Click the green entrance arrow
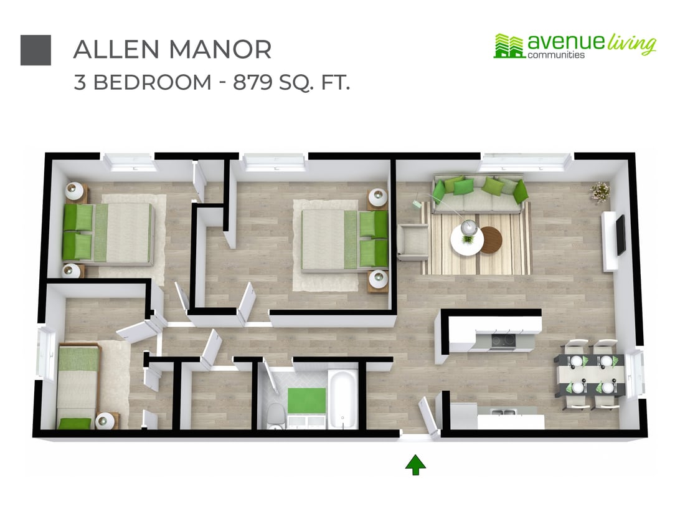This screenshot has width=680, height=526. [415, 464]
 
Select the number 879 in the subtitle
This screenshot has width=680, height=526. [254, 82]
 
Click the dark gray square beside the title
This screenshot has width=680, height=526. [35, 50]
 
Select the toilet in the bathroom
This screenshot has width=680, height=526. [275, 414]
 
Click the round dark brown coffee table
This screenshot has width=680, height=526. [491, 239]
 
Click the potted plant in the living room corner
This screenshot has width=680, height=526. [600, 191]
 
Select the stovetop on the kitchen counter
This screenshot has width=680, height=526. [503, 340]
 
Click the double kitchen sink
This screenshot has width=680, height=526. [501, 412]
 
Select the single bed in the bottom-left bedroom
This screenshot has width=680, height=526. [78, 386]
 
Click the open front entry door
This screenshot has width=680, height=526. [430, 415]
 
